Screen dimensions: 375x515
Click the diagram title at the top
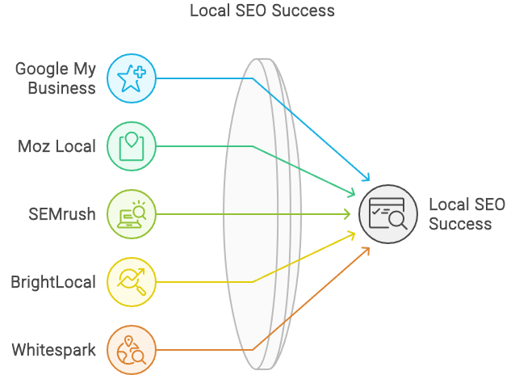pyautogui.click(x=262, y=11)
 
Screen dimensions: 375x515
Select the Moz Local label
pyautogui.click(x=57, y=146)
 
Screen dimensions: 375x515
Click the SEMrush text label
pyautogui.click(x=61, y=214)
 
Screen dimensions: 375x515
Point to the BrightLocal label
pyautogui.click(x=53, y=282)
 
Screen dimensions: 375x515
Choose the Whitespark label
pyautogui.click(x=53, y=350)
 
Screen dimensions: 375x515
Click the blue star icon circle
pyautogui.click(x=131, y=78)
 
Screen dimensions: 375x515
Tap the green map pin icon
pyautogui.click(x=131, y=146)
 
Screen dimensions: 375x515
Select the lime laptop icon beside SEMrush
pyautogui.click(x=131, y=214)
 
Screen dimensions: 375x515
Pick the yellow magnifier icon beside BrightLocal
pyautogui.click(x=131, y=282)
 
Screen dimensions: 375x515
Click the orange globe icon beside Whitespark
pyautogui.click(x=131, y=350)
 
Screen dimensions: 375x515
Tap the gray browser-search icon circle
pyautogui.click(x=388, y=214)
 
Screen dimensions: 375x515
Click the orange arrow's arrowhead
pyautogui.click(x=367, y=250)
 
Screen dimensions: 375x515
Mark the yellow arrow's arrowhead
pyautogui.click(x=353, y=234)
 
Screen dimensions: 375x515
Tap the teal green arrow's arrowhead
pyautogui.click(x=353, y=194)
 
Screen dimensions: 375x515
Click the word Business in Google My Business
pyautogui.click(x=61, y=88)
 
